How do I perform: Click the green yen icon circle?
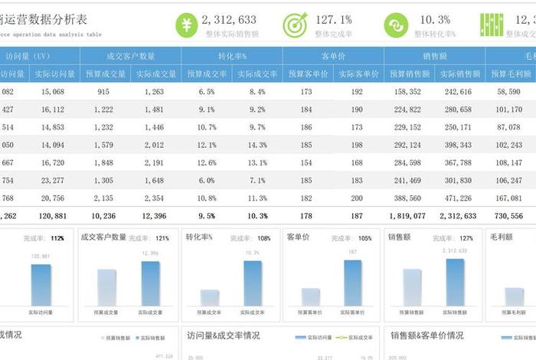point(188,25)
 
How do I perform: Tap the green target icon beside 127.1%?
point(295,25)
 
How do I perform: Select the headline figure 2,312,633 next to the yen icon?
point(230,20)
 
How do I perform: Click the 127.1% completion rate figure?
point(333,20)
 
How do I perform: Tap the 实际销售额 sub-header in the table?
point(458,74)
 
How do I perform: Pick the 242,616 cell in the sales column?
point(458,92)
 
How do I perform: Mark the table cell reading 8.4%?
point(257,92)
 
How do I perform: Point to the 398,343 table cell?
point(458,145)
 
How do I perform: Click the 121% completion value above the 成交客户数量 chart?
point(162,238)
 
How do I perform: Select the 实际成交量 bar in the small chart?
point(151,284)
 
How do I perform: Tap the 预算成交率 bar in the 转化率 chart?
point(210,297)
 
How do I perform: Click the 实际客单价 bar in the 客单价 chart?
point(352,283)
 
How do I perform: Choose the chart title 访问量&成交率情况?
point(222,335)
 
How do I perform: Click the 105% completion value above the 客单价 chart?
point(364,238)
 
